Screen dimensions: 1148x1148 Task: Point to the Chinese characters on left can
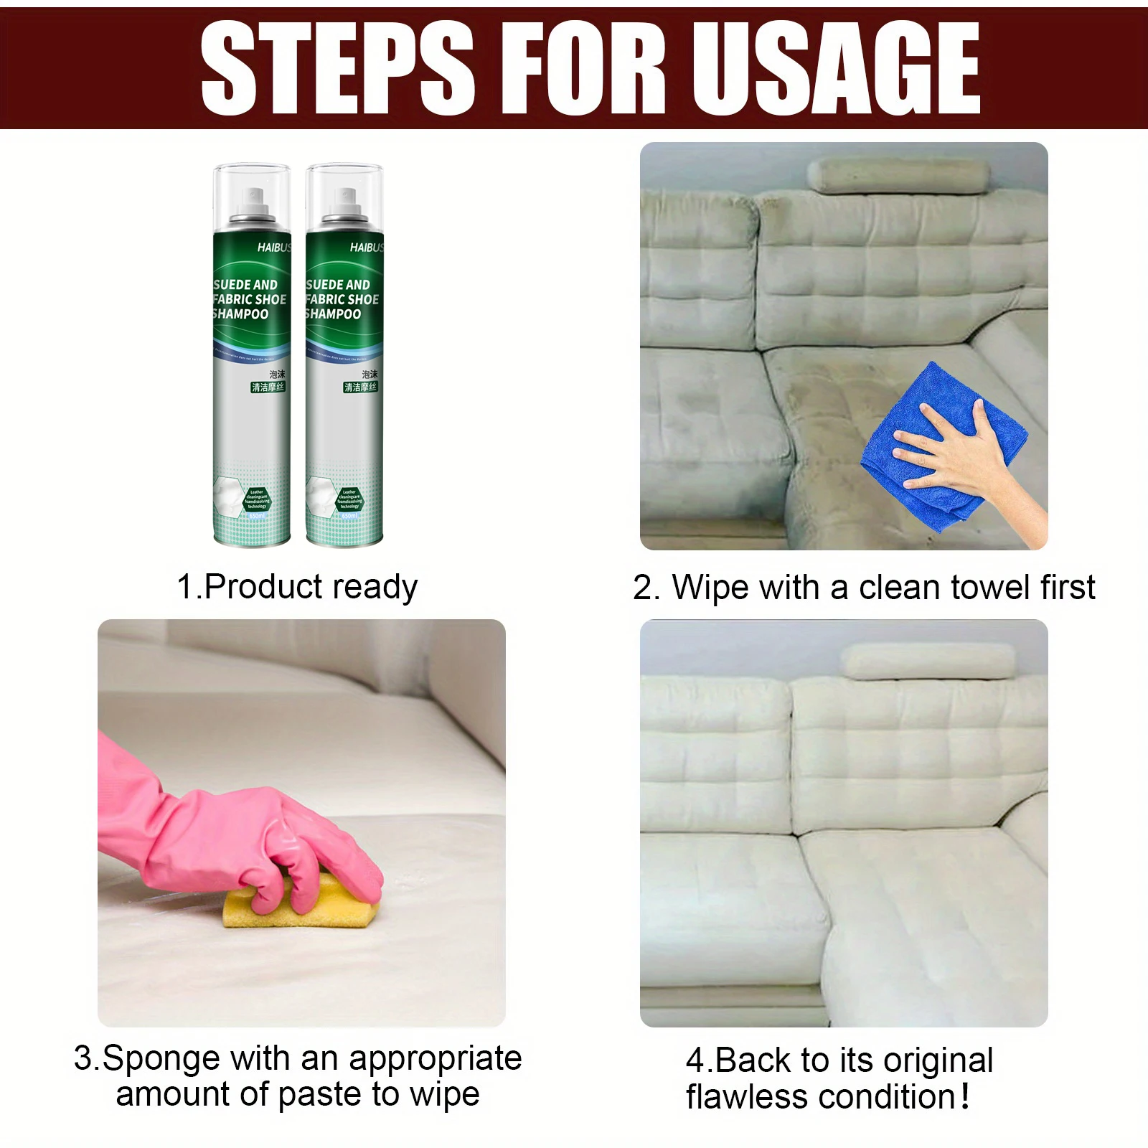269,381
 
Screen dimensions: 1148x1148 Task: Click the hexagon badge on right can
349,499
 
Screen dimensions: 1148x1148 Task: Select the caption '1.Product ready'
297,587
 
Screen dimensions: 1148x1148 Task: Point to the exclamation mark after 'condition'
965,1096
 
